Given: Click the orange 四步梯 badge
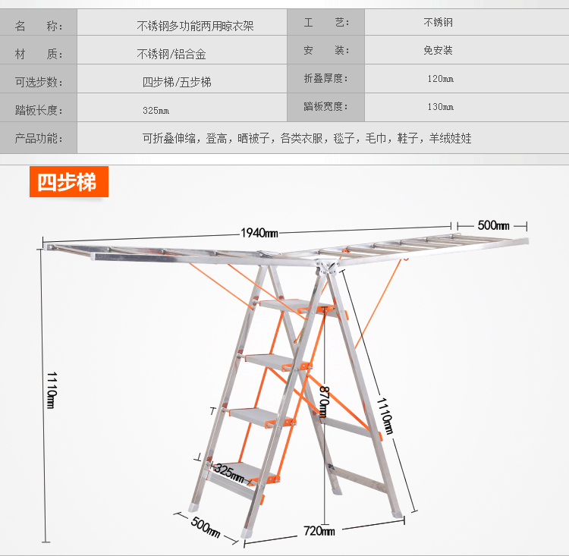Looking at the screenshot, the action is [68, 182].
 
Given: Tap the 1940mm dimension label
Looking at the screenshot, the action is [259, 233].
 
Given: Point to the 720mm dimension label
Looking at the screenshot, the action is [319, 531].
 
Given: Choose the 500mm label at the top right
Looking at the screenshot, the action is [492, 225].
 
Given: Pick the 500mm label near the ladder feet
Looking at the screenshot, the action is [206, 525].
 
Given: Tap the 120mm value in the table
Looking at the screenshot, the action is [440, 79].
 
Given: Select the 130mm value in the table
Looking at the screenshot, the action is [440, 107].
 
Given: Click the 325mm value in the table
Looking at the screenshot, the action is [156, 111].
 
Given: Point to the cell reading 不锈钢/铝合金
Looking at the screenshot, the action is [171, 54].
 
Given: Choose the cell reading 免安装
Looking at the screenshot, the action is [439, 51].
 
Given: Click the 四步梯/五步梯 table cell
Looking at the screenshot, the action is [177, 83].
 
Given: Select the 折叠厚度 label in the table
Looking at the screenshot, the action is [325, 78].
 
